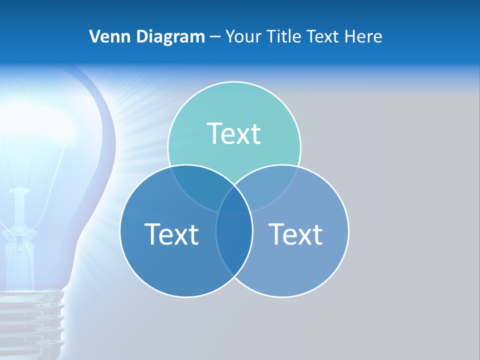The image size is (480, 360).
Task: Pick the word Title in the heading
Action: tap(284, 36)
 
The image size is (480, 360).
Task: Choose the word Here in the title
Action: tap(366, 36)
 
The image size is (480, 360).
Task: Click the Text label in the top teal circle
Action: tap(233, 134)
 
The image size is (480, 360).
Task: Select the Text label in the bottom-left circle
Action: tap(171, 234)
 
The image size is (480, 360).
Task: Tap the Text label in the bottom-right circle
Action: tap(295, 234)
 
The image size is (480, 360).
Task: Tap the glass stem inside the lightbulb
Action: tap(20, 210)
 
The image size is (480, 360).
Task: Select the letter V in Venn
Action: tap(94, 36)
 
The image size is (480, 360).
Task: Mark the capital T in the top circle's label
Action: tap(213, 134)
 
